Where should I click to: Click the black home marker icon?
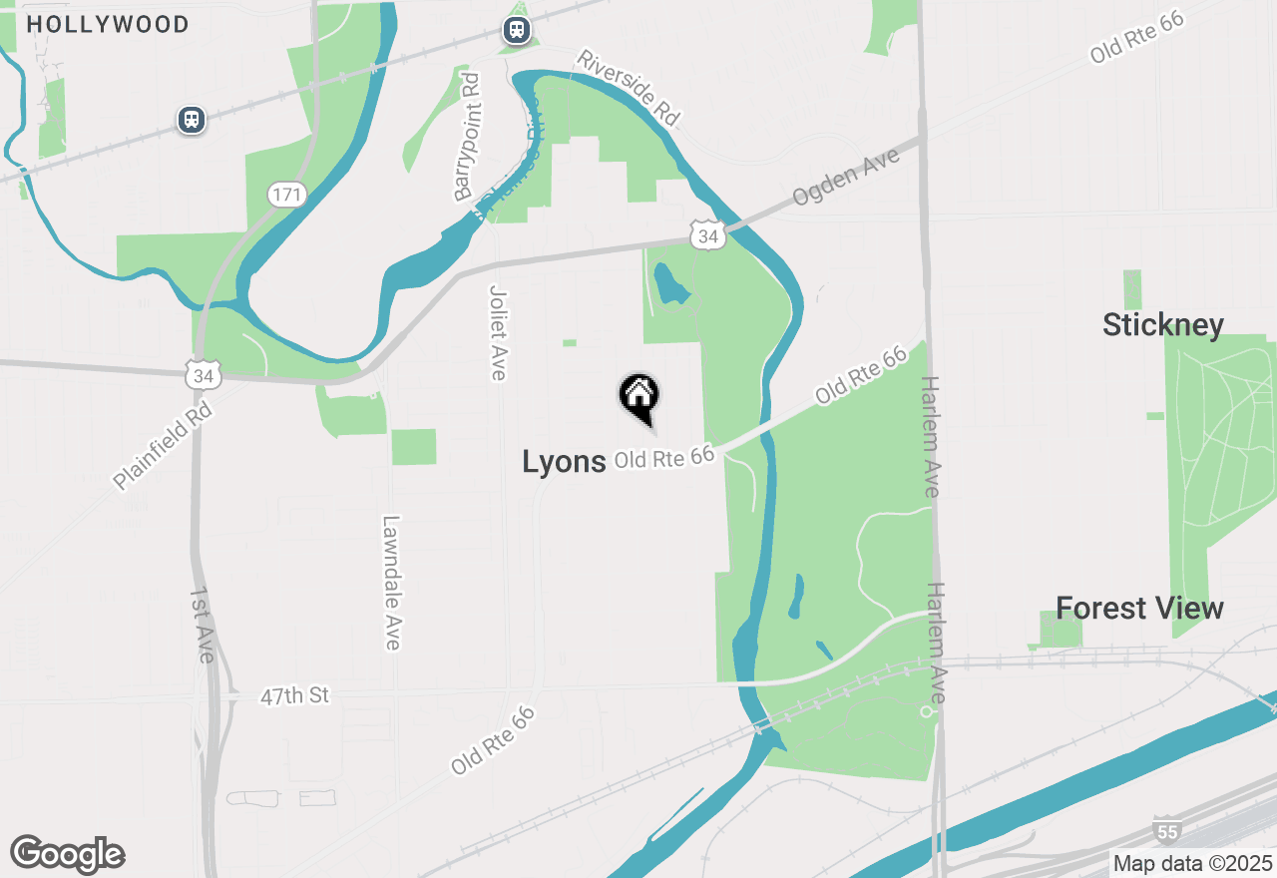point(639,396)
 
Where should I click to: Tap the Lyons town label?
point(564,461)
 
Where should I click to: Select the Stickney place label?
point(1162,324)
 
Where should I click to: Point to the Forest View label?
point(1139,608)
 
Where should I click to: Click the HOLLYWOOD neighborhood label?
point(108,24)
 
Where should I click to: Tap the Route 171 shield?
point(286,194)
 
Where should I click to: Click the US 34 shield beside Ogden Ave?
point(707,235)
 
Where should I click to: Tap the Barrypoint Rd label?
point(467,137)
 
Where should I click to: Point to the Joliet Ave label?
point(498,332)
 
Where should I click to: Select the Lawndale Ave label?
point(391,583)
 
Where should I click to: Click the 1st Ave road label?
point(202,625)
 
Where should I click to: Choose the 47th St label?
point(294,695)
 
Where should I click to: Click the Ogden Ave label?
point(846,177)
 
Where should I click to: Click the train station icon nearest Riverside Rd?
point(516,29)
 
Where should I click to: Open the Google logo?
point(67,854)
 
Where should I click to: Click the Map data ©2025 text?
point(1192,863)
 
